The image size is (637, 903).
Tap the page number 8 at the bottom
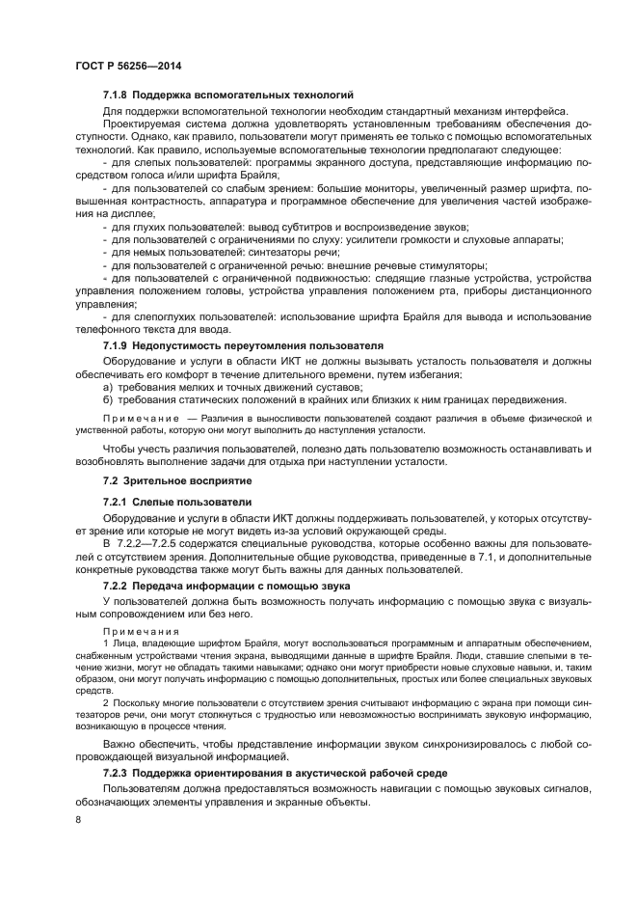pos(77,818)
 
